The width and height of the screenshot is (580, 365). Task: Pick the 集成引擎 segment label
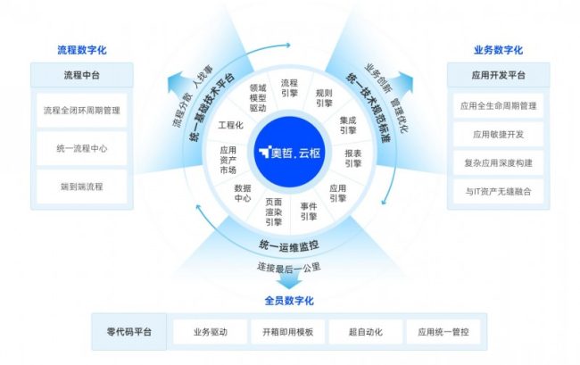[x=348, y=126]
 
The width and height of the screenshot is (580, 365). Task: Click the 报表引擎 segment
[x=352, y=158]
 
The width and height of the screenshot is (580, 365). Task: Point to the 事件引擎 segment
[x=309, y=211]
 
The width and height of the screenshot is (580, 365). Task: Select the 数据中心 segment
[x=242, y=194]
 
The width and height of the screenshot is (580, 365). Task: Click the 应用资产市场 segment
[x=228, y=159]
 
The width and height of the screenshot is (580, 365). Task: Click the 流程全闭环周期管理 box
[x=82, y=112]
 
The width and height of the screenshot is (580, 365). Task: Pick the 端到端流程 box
[x=82, y=185]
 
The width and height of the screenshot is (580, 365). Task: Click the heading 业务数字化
[x=498, y=50]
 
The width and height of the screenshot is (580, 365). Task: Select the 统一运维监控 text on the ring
[x=289, y=245]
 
